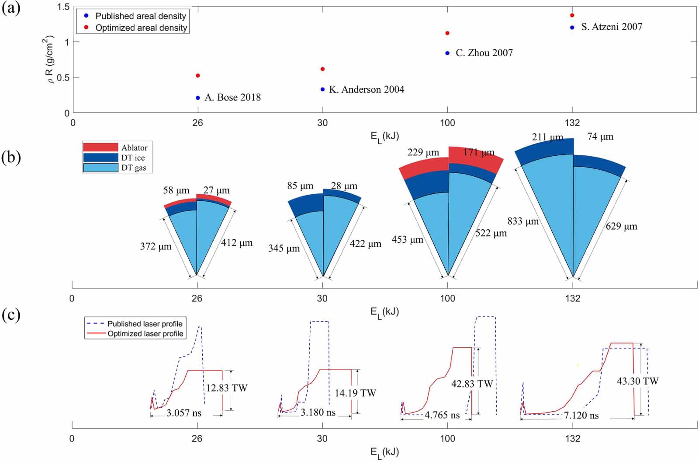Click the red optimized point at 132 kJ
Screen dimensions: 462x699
(x=572, y=15)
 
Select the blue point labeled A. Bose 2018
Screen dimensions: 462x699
(x=198, y=98)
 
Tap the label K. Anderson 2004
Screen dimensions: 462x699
(x=367, y=89)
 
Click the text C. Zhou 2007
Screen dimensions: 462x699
(x=484, y=53)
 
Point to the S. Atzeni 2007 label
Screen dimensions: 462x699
(x=611, y=27)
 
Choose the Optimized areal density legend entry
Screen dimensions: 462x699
(x=141, y=28)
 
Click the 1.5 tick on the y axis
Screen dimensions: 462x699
(x=63, y=7)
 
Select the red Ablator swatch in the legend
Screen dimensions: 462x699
(x=100, y=147)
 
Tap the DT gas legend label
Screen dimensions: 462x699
(x=134, y=168)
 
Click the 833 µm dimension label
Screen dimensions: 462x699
(x=523, y=221)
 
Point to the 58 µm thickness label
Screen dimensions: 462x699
(x=176, y=190)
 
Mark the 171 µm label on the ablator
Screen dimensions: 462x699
(x=479, y=153)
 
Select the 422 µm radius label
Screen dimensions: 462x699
(x=365, y=244)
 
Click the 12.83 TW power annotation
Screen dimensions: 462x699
(x=227, y=388)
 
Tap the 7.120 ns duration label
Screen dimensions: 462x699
(x=581, y=415)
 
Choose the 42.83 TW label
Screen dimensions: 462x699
(x=472, y=384)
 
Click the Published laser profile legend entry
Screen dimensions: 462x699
(x=145, y=324)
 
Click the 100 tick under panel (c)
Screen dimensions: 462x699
(x=447, y=438)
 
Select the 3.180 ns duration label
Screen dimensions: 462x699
(x=318, y=413)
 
